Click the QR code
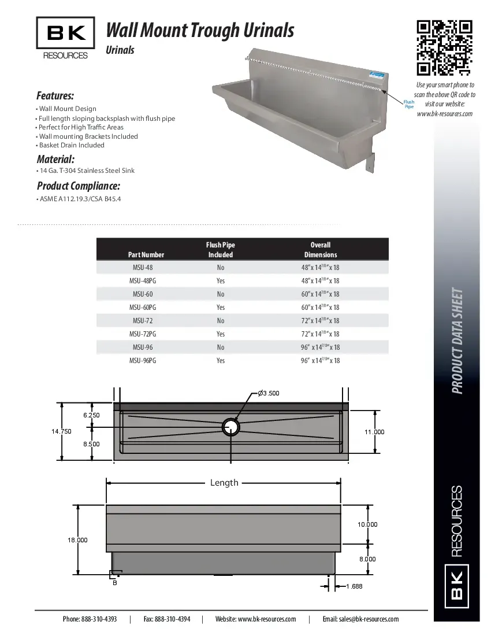pyautogui.click(x=445, y=48)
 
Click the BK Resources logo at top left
pyautogui.click(x=66, y=39)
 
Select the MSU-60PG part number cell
pyautogui.click(x=143, y=308)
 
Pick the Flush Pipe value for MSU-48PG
pyautogui.click(x=221, y=281)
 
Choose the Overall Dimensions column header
pyautogui.click(x=321, y=250)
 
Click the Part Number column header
pyautogui.click(x=146, y=254)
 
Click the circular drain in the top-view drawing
pyautogui.click(x=231, y=427)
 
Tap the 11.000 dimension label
pyautogui.click(x=374, y=432)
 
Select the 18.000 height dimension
pyautogui.click(x=77, y=540)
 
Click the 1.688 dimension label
pyautogui.click(x=354, y=586)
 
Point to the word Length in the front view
pyautogui.click(x=224, y=483)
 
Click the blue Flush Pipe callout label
pyautogui.click(x=409, y=105)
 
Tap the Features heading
pyautogui.click(x=55, y=95)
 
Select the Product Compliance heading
pyautogui.click(x=78, y=186)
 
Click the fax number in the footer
pyautogui.click(x=167, y=619)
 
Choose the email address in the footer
pyautogui.click(x=360, y=619)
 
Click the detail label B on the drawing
pyautogui.click(x=114, y=583)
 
